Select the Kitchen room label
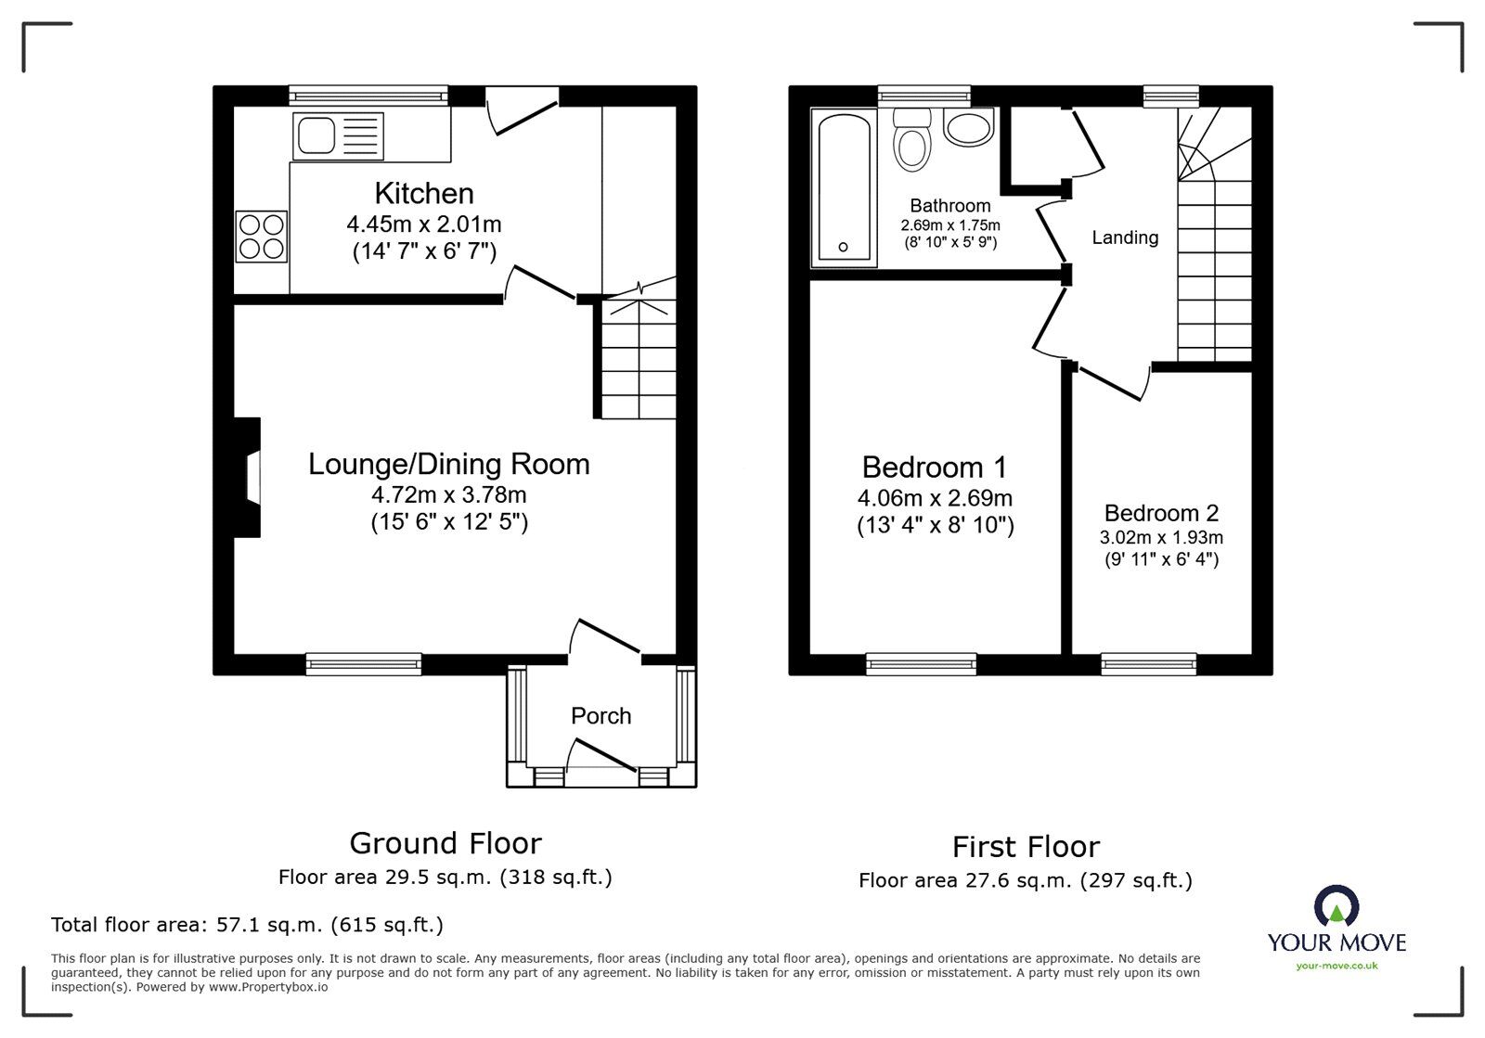pos(424,193)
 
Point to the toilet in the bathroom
pos(912,142)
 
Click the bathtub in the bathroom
pos(844,186)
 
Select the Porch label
pos(600,716)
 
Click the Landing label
pos(1124,237)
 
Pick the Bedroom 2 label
pos(1161,513)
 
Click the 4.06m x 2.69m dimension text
pos(935,499)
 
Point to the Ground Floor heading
pos(445,843)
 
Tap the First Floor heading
pos(1026,847)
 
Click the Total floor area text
pos(247,925)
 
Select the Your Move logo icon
pos(1336,906)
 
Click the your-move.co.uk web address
pos(1336,966)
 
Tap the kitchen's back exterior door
pos(523,109)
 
